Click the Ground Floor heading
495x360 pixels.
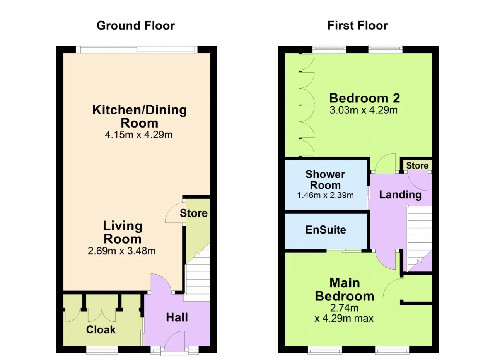[x=135, y=26]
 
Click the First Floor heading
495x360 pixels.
[x=358, y=26]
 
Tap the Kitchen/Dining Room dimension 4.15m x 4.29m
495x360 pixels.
[x=138, y=135]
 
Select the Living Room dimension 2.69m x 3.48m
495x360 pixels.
[x=121, y=251]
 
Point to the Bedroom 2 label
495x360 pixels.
[x=364, y=98]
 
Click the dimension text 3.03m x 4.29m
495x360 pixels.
[x=364, y=110]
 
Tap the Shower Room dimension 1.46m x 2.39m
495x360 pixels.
[x=325, y=195]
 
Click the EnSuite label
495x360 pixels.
[x=326, y=230]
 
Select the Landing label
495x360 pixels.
[x=400, y=195]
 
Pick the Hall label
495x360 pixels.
[x=177, y=317]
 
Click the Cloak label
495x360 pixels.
[x=101, y=330]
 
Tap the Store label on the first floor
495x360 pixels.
[x=417, y=165]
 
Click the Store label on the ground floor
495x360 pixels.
[x=194, y=213]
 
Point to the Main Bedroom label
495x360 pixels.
[x=345, y=290]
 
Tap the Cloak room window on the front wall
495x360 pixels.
[x=102, y=350]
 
